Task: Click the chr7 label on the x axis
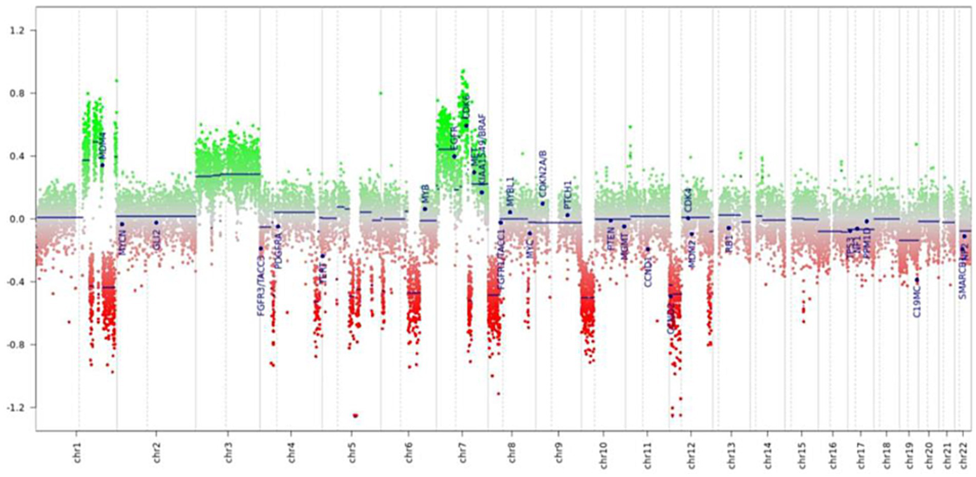[462, 453]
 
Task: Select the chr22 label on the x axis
[963, 453]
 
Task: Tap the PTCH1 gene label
[568, 195]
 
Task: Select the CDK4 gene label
[687, 199]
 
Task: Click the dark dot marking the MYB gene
[425, 209]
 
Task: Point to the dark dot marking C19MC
[917, 280]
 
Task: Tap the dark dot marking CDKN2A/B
[542, 204]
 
